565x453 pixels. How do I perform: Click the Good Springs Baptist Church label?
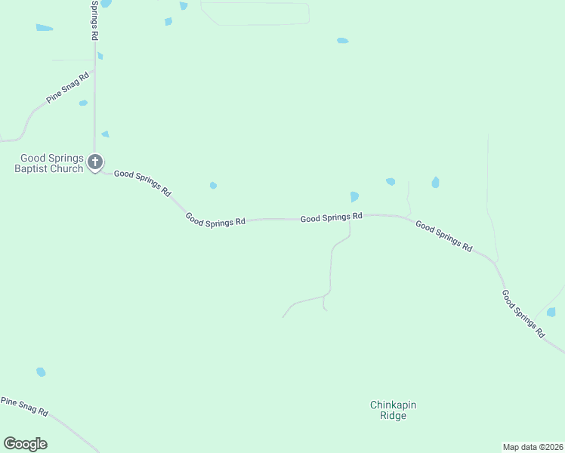coord(51,163)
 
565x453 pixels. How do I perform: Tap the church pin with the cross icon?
coord(95,162)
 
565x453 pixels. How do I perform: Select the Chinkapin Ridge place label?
coord(393,410)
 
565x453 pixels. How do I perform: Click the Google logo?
coord(25,444)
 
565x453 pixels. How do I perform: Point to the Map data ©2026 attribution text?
coord(533,447)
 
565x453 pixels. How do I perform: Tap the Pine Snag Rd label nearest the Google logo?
coord(24,407)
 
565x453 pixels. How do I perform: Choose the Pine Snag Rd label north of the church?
coord(67,88)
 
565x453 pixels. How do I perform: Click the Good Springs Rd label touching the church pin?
coord(142,183)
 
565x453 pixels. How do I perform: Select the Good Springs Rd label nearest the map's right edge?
coord(523,312)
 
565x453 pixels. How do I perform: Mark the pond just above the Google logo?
coord(41,372)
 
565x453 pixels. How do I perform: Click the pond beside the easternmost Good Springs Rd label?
coord(551,312)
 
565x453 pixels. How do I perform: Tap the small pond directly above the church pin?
coord(106,134)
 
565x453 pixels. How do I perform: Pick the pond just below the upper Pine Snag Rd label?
coord(83,103)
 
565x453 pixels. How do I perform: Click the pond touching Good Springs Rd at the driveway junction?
coord(354,197)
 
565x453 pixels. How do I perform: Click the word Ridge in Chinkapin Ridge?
coord(393,416)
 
